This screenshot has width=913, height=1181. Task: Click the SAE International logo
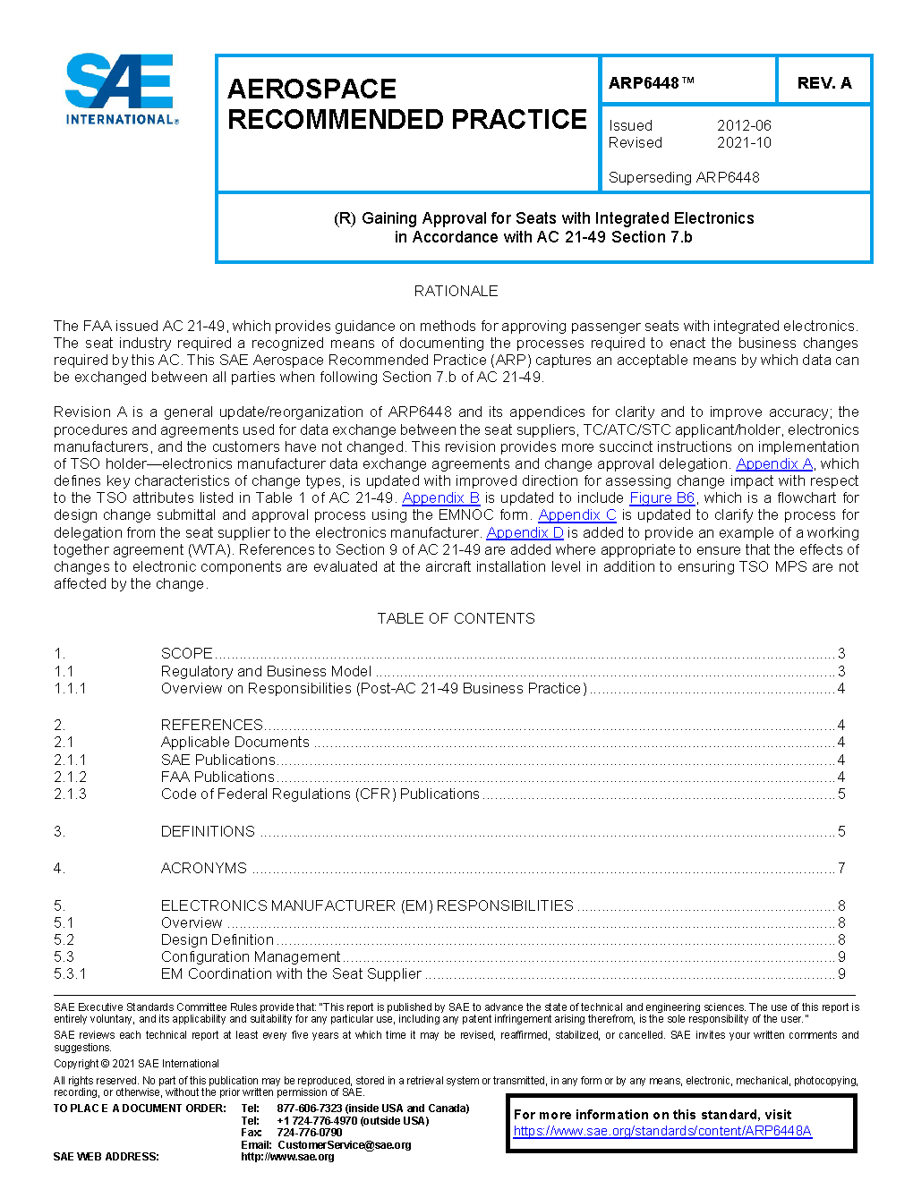click(120, 89)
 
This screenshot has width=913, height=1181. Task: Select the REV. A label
click(823, 83)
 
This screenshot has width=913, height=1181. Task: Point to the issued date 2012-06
click(743, 126)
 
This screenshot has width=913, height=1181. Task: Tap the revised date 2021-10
click(743, 142)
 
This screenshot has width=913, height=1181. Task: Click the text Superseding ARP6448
click(684, 177)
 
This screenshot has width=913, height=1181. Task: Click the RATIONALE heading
click(456, 291)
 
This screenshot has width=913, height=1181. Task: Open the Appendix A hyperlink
click(773, 463)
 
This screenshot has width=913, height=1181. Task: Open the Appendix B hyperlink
click(440, 497)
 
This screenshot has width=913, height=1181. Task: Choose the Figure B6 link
click(661, 497)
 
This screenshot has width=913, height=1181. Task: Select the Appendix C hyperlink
click(576, 514)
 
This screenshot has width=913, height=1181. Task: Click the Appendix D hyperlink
click(525, 532)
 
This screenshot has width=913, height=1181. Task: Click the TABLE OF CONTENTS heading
click(456, 618)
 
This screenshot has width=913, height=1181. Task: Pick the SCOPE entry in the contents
click(187, 653)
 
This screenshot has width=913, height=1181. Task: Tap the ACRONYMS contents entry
click(204, 868)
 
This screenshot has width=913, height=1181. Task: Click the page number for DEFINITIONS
click(841, 831)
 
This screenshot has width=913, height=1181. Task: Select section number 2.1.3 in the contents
click(70, 794)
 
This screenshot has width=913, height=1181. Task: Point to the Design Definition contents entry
click(218, 939)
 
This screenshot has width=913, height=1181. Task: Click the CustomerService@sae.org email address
click(345, 1144)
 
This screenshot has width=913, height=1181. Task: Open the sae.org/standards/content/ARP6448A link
click(662, 1131)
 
